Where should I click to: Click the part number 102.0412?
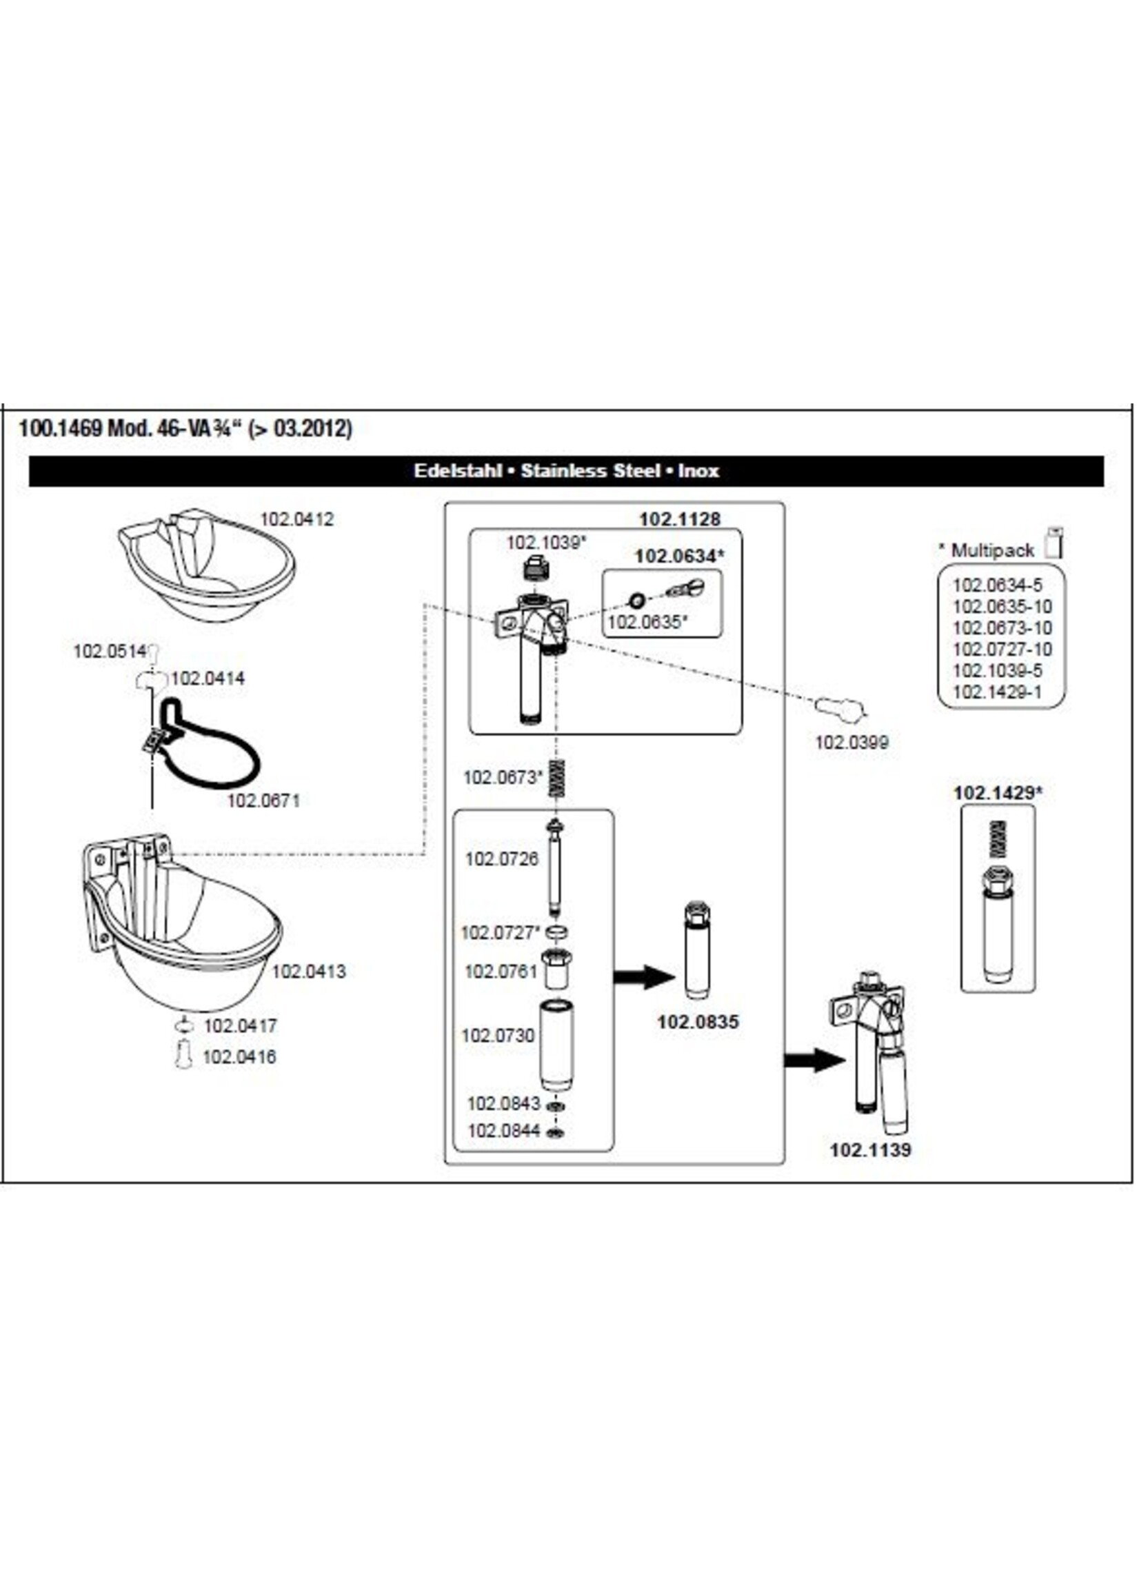296,520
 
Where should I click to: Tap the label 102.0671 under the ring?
263,801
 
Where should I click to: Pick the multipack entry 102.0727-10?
1002,650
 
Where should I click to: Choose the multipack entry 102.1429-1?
998,692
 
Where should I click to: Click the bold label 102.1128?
680,519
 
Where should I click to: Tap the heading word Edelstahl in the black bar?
457,471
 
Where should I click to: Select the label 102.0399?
851,742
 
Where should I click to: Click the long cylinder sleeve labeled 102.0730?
557,1047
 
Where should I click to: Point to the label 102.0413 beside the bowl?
309,972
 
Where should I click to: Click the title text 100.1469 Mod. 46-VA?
185,428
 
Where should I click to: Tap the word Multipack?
992,550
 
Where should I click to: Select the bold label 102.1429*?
998,793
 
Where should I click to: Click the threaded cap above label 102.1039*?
536,567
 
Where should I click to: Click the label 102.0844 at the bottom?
503,1131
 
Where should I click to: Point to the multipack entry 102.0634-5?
998,585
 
